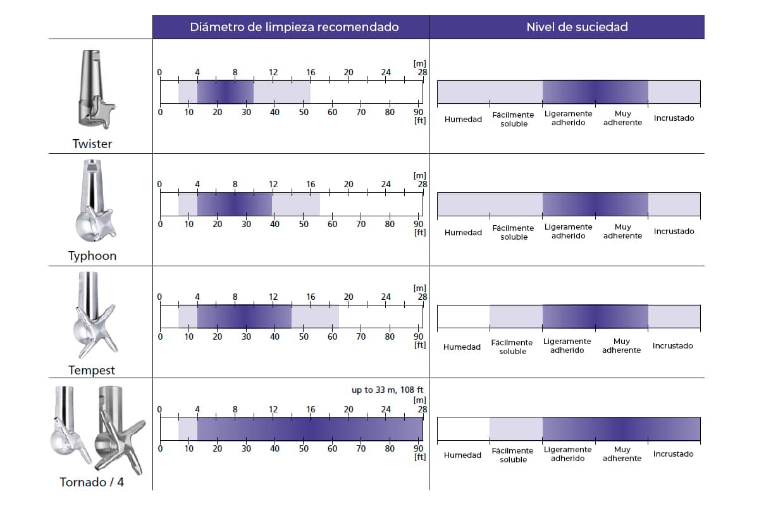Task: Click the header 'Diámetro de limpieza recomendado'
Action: click(294, 27)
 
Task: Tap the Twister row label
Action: click(92, 144)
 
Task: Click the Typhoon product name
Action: click(92, 256)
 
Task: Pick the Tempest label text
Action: click(92, 370)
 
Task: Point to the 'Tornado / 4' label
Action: click(92, 483)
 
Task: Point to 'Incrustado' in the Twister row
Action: click(674, 118)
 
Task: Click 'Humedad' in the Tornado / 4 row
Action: click(463, 455)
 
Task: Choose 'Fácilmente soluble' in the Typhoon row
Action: click(514, 232)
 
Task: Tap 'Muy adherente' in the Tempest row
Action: click(622, 345)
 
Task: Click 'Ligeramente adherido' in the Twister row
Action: click(568, 118)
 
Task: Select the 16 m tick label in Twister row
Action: click(311, 72)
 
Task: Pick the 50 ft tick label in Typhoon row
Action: click(304, 224)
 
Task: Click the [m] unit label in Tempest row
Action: click(419, 288)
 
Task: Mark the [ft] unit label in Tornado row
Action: click(419, 457)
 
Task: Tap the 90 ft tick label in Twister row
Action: click(418, 112)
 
